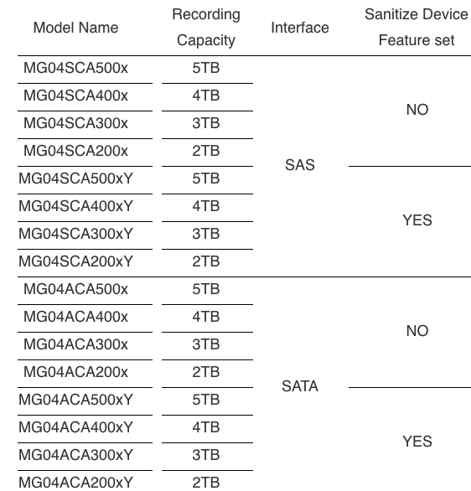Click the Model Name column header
click(x=75, y=28)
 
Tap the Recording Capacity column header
click(x=206, y=28)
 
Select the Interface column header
click(x=300, y=28)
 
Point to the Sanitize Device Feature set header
click(x=417, y=28)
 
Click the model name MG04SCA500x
click(x=75, y=68)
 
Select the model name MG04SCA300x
click(x=75, y=123)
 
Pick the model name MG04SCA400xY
click(x=75, y=206)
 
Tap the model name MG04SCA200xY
click(x=75, y=261)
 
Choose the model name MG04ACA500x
click(x=75, y=289)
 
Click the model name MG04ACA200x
click(x=75, y=372)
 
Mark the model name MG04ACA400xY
click(x=75, y=427)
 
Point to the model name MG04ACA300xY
click(x=75, y=455)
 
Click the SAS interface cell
click(x=300, y=165)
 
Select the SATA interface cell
click(x=300, y=385)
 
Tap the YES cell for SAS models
click(x=417, y=220)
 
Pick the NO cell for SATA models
click(x=417, y=331)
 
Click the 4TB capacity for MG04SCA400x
click(x=206, y=96)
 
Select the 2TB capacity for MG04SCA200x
click(x=206, y=151)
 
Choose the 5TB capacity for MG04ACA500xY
click(x=206, y=400)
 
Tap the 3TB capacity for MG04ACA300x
click(x=206, y=344)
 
